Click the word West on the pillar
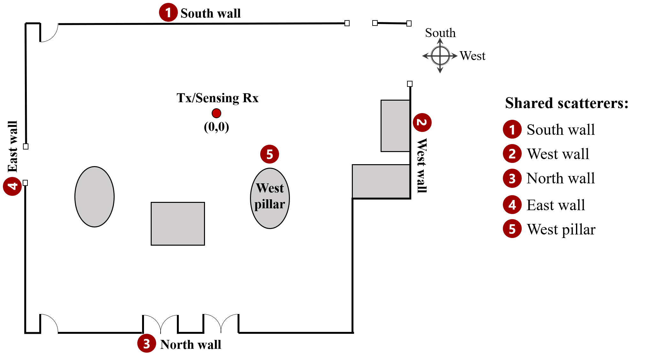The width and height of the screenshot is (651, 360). (x=270, y=188)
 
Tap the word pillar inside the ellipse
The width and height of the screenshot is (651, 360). (x=270, y=204)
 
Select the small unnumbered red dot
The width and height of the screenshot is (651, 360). (x=216, y=113)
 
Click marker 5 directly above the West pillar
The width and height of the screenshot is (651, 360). (x=269, y=154)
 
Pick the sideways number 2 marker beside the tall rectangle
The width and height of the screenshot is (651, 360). (x=422, y=122)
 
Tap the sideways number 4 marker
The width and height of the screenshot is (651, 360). (x=12, y=186)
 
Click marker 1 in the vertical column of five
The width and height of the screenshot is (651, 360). (x=512, y=129)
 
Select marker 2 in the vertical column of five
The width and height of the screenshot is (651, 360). (x=512, y=154)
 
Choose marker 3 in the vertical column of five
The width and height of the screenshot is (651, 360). (x=512, y=178)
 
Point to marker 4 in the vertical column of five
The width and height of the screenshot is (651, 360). (x=512, y=204)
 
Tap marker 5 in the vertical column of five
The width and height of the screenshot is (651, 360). (x=512, y=229)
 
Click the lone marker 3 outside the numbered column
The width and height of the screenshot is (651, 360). (x=147, y=343)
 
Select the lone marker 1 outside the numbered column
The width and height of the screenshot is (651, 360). (x=168, y=12)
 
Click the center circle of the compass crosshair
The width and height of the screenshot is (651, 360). (x=440, y=56)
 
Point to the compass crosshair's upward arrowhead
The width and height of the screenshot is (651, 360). (x=440, y=40)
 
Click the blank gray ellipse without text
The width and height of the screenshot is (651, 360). (x=95, y=197)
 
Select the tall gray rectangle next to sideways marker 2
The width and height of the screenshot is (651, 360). (x=395, y=126)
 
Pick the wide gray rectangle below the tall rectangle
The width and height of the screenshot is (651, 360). (x=381, y=181)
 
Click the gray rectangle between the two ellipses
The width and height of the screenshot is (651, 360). (x=178, y=224)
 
